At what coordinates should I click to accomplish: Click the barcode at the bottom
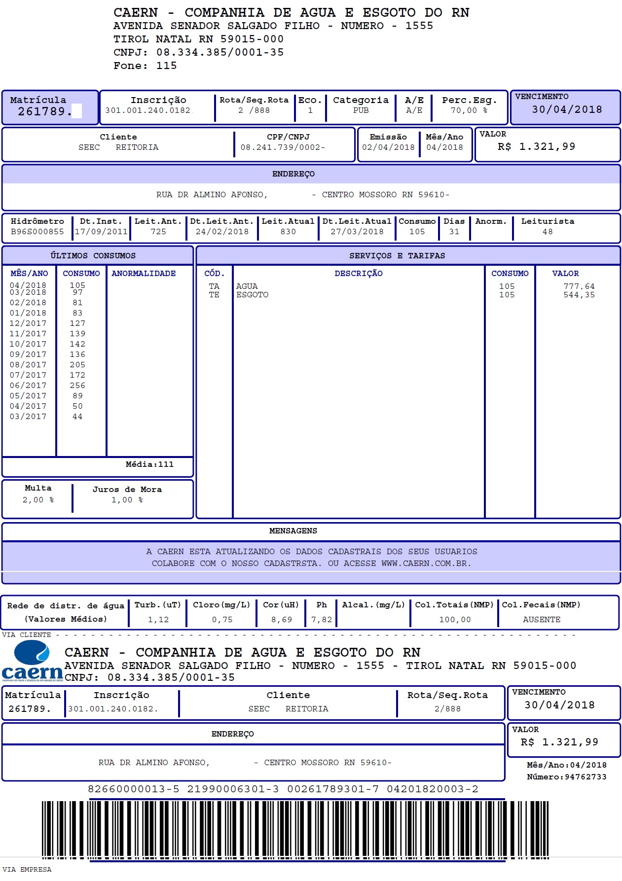pos(295,829)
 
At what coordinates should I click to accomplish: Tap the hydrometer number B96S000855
pos(37,232)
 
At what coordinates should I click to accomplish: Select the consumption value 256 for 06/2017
pos(77,386)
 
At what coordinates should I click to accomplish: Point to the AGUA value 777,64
pos(579,286)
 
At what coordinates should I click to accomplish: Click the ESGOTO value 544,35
pos(579,295)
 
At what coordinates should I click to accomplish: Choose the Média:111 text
pos(149,464)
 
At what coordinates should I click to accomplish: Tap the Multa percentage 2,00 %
pos(38,500)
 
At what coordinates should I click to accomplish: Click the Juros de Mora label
pos(127,490)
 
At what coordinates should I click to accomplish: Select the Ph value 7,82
pos(322,620)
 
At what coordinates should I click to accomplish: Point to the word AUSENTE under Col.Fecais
pos(542,620)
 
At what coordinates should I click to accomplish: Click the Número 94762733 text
pos(566,777)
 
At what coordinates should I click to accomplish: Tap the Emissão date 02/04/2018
pos(388,147)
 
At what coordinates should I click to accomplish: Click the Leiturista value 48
pos(548,232)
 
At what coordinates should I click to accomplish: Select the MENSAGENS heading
pos(293,531)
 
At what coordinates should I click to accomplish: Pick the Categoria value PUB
pos(361,110)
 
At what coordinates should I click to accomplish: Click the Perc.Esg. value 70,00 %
pos(469,110)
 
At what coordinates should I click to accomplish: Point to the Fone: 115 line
pos(145,66)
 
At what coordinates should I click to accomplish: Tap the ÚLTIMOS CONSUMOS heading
pos(93,256)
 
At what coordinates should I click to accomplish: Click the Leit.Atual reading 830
pos(288,232)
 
